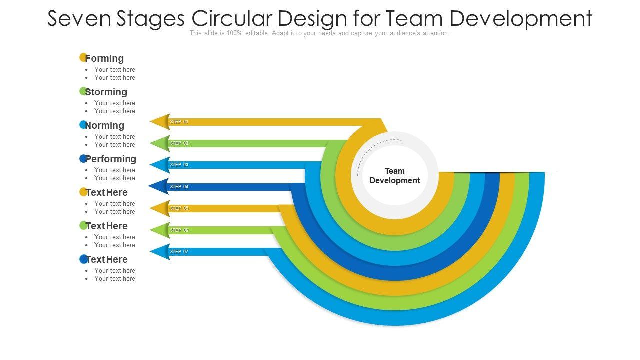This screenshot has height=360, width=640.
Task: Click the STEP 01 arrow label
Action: (179, 122)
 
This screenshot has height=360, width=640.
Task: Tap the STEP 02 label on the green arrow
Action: (179, 143)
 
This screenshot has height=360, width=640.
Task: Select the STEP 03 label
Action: (179, 165)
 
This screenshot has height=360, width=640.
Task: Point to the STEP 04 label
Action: (179, 187)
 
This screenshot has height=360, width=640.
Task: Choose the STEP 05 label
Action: (179, 208)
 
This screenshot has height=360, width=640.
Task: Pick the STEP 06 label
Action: (179, 230)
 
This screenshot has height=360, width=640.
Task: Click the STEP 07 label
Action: (179, 252)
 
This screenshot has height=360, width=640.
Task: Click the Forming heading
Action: (104, 58)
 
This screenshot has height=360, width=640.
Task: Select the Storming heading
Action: (106, 92)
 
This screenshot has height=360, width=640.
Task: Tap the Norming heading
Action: (104, 125)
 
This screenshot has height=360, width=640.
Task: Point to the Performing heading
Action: (111, 159)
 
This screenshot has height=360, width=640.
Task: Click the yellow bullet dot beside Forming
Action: (83, 57)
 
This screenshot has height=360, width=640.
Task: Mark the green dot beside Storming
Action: (83, 91)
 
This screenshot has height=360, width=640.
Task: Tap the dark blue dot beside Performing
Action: (83, 158)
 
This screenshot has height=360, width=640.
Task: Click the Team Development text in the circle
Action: (394, 176)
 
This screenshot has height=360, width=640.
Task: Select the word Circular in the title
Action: (231, 18)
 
